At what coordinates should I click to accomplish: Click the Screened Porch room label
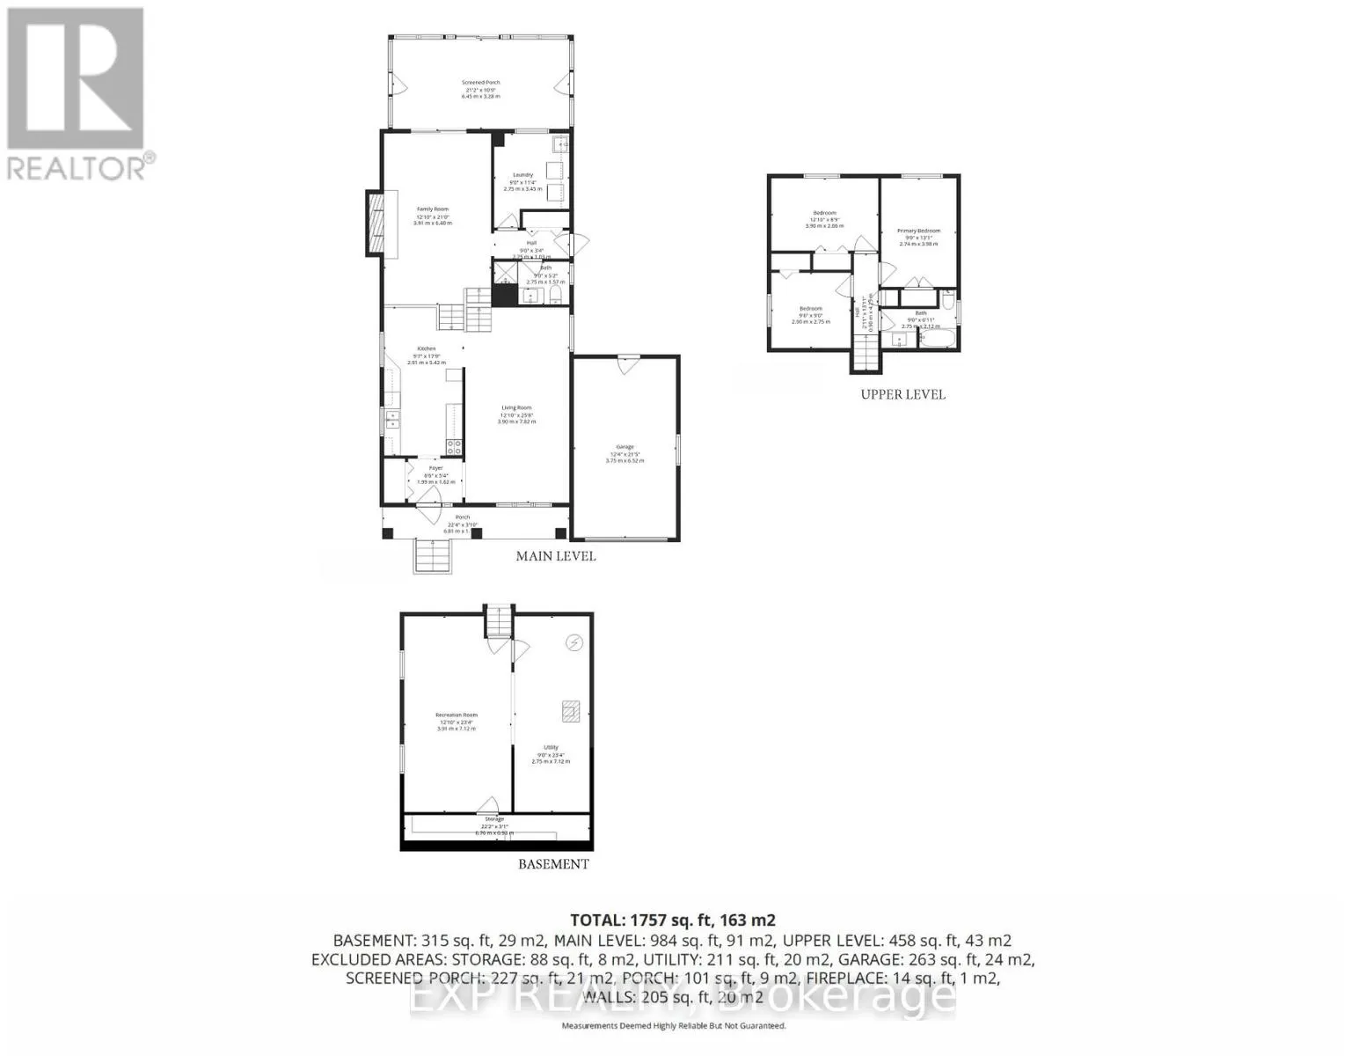(x=480, y=83)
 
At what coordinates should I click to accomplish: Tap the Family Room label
(x=433, y=209)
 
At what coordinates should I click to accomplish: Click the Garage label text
(x=625, y=447)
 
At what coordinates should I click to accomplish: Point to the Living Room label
(x=516, y=407)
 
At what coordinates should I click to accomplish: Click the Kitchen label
(x=427, y=348)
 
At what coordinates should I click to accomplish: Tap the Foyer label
(x=435, y=468)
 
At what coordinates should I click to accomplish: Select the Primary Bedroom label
(x=918, y=231)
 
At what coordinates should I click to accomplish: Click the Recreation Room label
(x=456, y=715)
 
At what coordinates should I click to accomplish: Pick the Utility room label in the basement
(x=551, y=748)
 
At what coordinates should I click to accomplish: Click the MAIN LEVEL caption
(x=555, y=556)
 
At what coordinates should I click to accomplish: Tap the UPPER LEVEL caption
(x=902, y=394)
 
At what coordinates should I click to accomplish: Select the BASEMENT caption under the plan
(x=552, y=864)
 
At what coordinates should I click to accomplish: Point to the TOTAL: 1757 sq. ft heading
(x=673, y=920)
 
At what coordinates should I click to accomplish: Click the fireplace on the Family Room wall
(x=376, y=224)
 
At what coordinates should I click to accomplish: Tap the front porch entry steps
(x=434, y=556)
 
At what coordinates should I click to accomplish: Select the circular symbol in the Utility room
(x=574, y=643)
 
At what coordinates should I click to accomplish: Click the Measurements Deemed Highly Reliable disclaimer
(x=673, y=1026)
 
